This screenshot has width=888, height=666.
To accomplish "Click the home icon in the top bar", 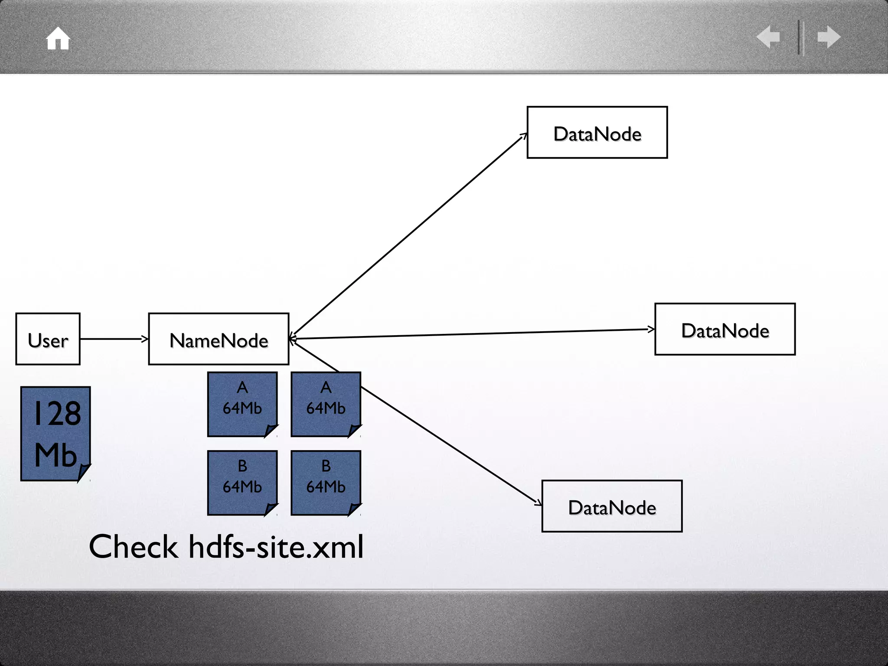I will point(58,39).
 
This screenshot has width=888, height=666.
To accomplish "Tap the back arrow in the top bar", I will point(768,37).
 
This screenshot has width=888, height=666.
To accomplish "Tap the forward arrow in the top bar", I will point(829,37).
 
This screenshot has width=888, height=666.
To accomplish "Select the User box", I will point(48,339).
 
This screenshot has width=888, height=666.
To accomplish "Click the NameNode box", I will point(219,339).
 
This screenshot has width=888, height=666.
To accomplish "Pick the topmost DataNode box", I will point(597,133).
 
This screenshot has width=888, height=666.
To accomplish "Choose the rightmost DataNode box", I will point(725,330).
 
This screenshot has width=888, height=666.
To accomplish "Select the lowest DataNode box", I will point(612,506).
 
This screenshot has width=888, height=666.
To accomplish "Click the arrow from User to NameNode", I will point(114,339).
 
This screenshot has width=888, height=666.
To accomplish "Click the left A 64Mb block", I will point(242,404).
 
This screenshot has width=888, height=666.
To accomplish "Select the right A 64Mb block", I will point(326,404).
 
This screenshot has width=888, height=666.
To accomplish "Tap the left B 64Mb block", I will point(242,483).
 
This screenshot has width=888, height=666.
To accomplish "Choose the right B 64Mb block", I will point(326,483).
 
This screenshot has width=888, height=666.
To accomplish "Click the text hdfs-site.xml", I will point(276,547).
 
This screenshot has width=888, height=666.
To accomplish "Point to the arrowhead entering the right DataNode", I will point(651,330).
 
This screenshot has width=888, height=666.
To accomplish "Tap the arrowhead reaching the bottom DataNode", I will point(539,503).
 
